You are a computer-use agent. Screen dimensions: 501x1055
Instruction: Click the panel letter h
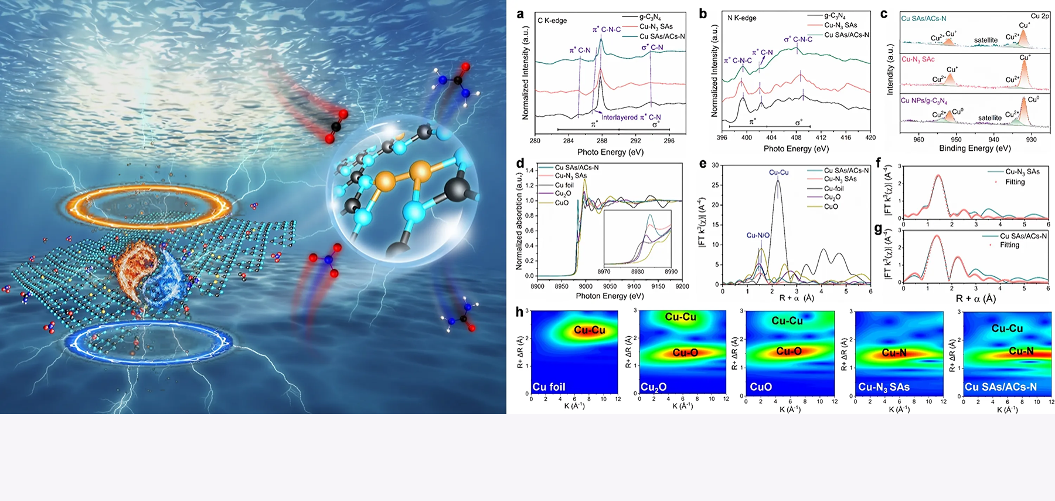point(519,312)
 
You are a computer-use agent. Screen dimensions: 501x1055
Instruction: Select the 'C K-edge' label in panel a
point(552,21)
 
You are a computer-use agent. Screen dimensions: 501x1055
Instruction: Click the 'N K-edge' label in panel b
point(741,18)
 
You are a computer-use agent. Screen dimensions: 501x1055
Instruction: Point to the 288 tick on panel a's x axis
point(602,141)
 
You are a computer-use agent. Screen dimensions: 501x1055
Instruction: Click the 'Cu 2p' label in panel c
point(1040,16)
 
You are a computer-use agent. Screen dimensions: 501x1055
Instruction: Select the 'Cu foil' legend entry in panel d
point(564,185)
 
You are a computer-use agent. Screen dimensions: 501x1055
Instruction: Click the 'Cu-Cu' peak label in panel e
point(778,172)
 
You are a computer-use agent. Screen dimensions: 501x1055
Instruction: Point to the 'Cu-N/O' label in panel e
point(758,235)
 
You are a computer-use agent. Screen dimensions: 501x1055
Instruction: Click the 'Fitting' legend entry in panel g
point(1009,245)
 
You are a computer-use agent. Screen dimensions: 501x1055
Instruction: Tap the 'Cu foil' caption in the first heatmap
point(549,387)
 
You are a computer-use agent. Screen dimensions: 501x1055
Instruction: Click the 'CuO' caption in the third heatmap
point(761,387)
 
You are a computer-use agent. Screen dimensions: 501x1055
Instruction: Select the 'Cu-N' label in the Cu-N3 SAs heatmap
point(894,353)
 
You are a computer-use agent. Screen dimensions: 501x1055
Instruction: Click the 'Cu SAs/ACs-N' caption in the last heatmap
point(1000,387)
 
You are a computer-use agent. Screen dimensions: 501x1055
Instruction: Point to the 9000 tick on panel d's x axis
point(586,286)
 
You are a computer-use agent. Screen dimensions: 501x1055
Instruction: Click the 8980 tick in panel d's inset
point(637,272)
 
